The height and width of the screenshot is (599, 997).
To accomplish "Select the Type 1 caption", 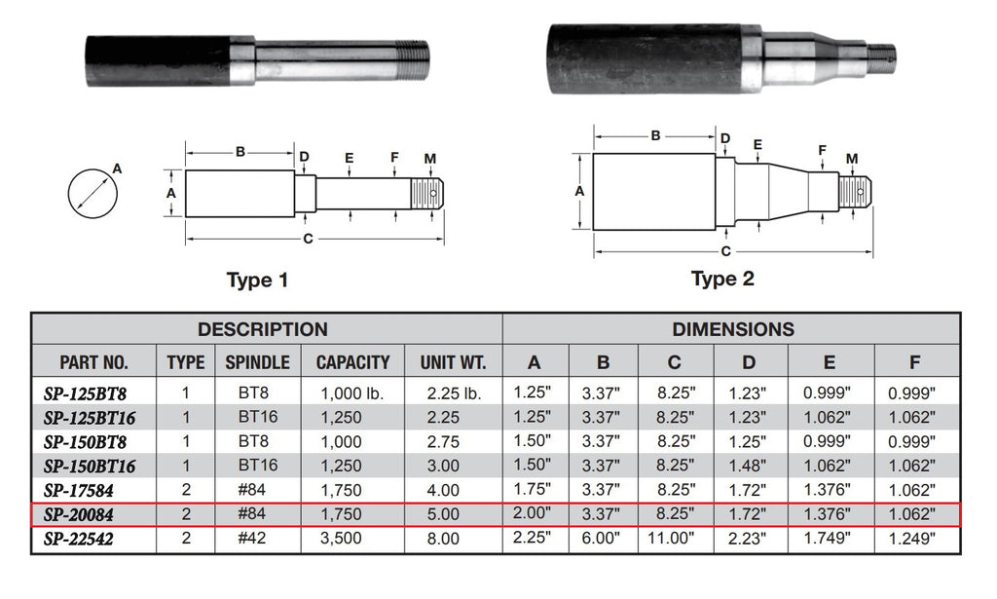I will coord(257,281).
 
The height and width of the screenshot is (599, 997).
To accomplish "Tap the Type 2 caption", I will coord(722,279).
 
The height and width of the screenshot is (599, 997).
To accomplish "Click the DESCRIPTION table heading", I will coord(262,329).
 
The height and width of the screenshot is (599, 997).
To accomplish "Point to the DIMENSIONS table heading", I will coord(732,329).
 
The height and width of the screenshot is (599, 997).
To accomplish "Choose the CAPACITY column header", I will coord(352,362).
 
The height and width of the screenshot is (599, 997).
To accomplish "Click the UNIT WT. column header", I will coord(453,362).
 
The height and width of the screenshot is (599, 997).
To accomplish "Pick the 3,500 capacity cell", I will coord(352,538).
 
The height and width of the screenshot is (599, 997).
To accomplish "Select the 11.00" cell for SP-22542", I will coord(675,538).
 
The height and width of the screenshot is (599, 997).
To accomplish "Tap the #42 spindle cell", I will coord(257,538).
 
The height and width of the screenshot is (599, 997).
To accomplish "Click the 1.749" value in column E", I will coord(829,538).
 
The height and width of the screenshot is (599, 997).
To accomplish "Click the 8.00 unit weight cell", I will coord(453,538).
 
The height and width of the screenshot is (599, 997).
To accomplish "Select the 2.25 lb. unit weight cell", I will coord(453,394).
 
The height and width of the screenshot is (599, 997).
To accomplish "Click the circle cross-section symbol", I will coord(93,192).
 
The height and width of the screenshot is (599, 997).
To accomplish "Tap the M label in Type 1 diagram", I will coord(430,159).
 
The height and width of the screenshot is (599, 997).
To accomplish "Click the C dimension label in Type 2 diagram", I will coord(725,251).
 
